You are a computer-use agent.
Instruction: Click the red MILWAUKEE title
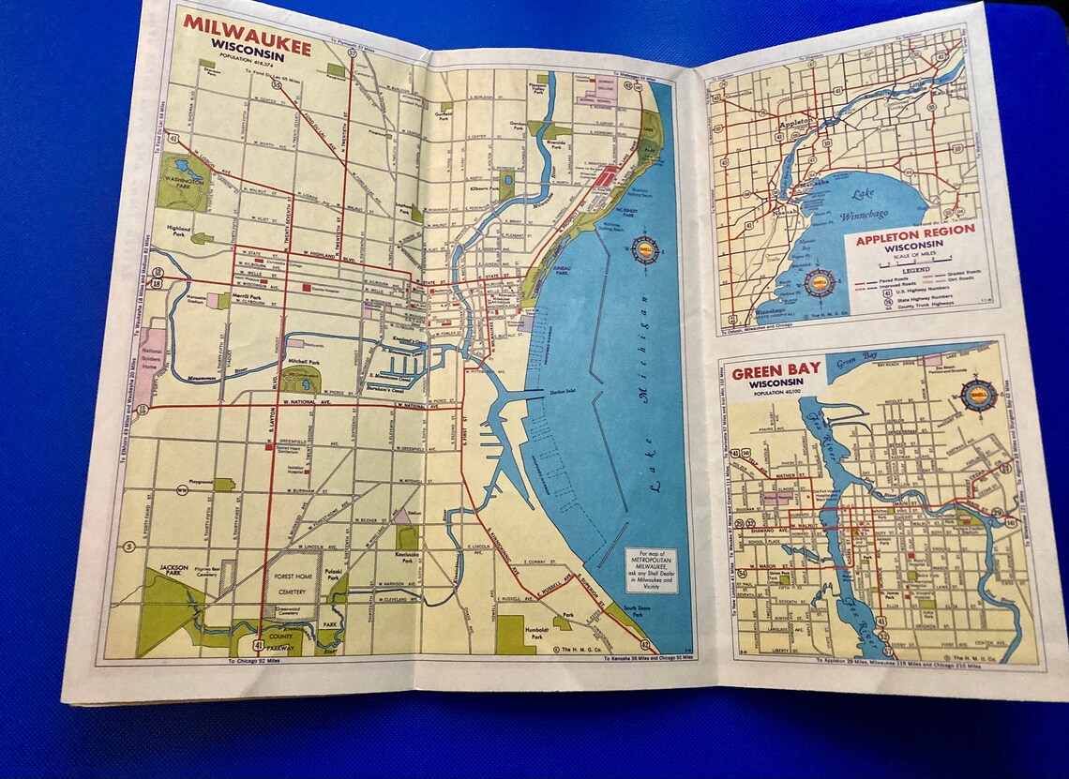(247, 24)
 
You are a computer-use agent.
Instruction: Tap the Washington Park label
(175, 183)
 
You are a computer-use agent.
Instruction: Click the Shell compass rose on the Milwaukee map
(645, 250)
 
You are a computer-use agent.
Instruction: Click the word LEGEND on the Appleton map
(909, 268)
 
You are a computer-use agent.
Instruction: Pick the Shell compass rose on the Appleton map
(820, 283)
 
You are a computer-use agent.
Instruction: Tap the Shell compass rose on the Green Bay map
(978, 394)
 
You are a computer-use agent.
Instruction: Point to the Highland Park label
(178, 229)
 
